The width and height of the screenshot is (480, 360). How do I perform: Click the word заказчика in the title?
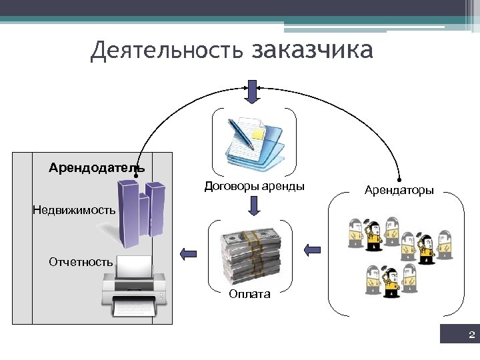313,51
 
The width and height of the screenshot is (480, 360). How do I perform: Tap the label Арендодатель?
96,167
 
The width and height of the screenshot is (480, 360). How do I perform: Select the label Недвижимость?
74,210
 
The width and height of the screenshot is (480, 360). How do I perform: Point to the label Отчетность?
81,262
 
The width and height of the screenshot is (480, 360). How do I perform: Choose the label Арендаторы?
399,191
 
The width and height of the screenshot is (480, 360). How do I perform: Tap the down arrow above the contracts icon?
252,93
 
